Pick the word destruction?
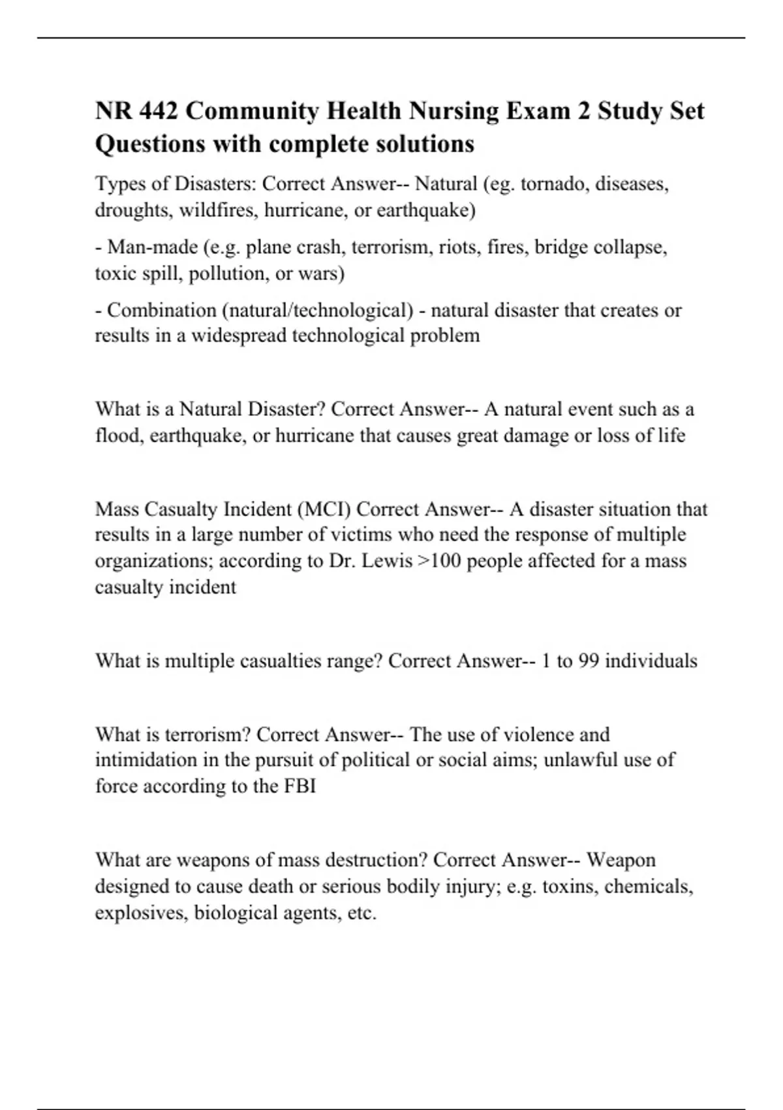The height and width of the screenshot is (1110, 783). tap(366, 860)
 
